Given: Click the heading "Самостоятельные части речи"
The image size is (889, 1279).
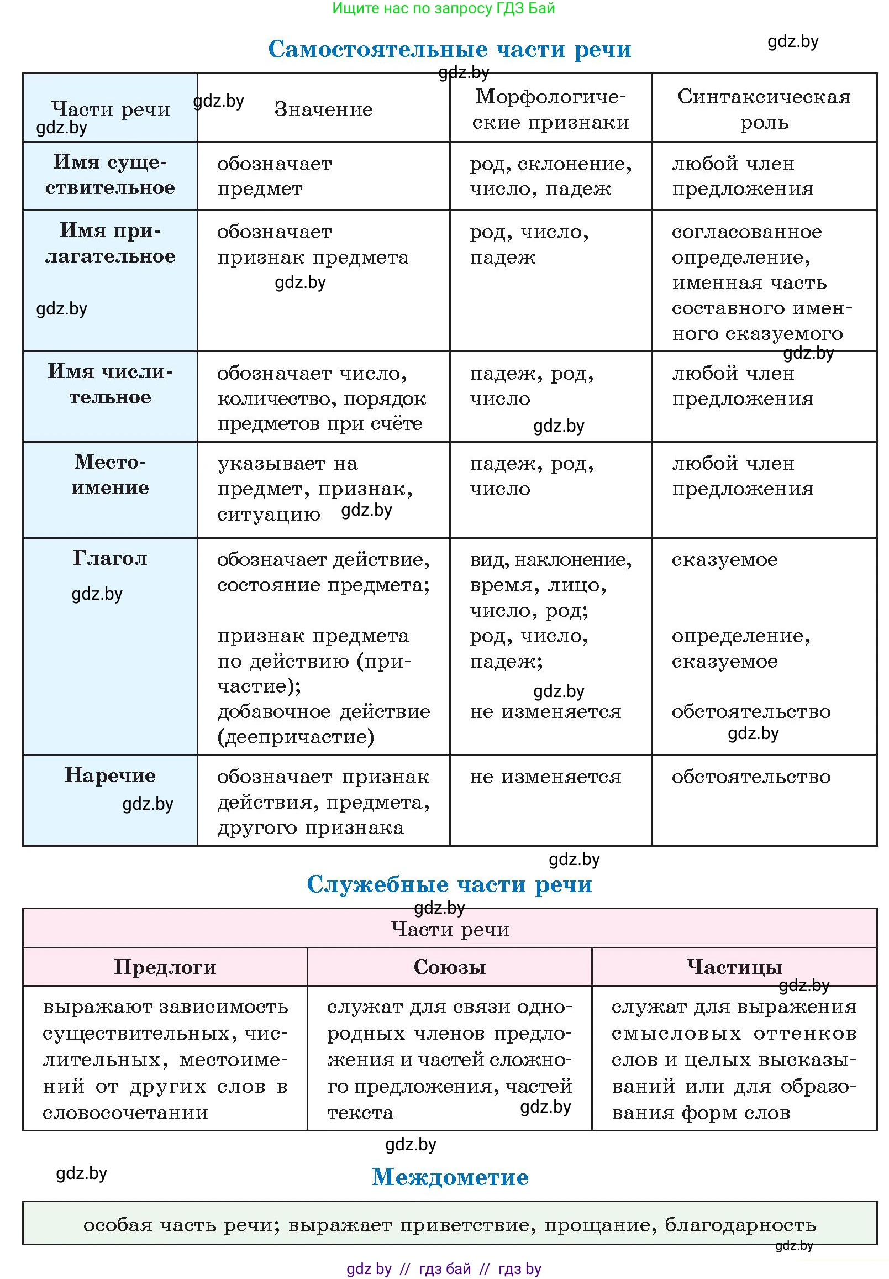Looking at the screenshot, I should coord(450,49).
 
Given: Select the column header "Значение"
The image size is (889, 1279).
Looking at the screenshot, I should coord(323,109).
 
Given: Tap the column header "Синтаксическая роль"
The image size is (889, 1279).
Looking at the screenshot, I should coord(764,109).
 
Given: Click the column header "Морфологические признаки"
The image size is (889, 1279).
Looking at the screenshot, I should coord(550,109).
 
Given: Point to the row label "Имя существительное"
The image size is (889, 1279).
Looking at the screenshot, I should coord(110,175).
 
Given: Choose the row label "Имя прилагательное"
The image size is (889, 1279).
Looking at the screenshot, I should coord(110,243).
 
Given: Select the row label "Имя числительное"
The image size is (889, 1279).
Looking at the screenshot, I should coord(110,384).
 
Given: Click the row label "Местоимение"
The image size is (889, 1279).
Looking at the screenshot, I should coord(110,474).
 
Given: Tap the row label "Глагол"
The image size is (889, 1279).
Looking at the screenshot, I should coord(110,558).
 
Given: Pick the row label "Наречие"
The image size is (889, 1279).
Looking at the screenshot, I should coord(110,775).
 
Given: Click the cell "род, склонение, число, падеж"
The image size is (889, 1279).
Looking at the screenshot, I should coord(550,176).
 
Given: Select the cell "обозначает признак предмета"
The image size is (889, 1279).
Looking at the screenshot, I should coord(313,244).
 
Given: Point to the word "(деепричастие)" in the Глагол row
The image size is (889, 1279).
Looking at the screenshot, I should coord(295,737).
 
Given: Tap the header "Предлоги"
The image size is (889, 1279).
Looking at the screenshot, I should coord(165,967).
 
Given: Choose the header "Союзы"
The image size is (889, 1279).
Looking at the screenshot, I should coord(450,967).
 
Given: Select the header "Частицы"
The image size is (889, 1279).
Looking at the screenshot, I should coord(734,967).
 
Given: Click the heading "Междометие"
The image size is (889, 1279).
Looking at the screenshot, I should coord(450,1177).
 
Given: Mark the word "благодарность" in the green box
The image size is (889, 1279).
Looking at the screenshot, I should coord(740,1224).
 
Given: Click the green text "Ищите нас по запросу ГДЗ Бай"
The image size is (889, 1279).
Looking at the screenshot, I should coord(443,8).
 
